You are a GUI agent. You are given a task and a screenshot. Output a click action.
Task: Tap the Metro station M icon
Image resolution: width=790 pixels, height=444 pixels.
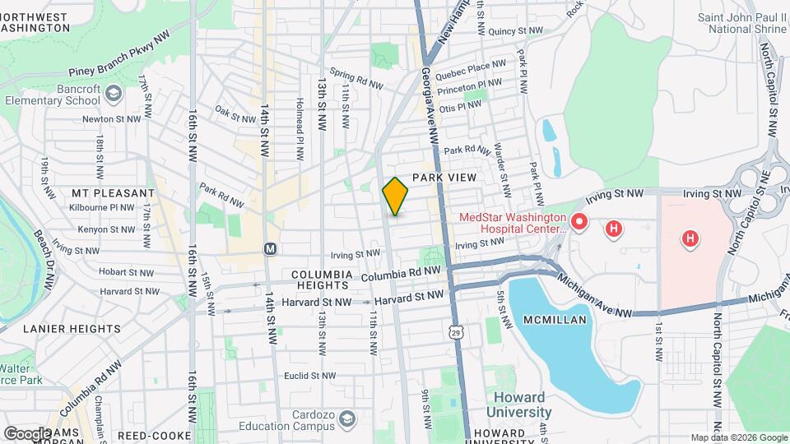coord(270,248)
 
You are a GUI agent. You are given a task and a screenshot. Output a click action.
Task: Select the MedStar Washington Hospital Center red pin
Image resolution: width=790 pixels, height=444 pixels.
coord(579,221)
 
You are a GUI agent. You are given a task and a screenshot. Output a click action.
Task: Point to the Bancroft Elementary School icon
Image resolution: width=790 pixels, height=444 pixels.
coord(113,97)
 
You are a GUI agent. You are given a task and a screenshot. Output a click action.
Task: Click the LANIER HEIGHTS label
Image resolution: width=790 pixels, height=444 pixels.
coord(72,329)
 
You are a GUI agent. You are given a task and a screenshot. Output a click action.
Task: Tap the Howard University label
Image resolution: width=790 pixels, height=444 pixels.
coord(518,405)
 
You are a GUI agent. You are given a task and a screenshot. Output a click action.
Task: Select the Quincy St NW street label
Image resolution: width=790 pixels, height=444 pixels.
coord(515,31)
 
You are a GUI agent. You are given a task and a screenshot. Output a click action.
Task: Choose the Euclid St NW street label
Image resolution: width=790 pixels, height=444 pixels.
coord(306,375)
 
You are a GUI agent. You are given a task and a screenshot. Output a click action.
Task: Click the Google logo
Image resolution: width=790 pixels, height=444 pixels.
coord(26,433)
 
